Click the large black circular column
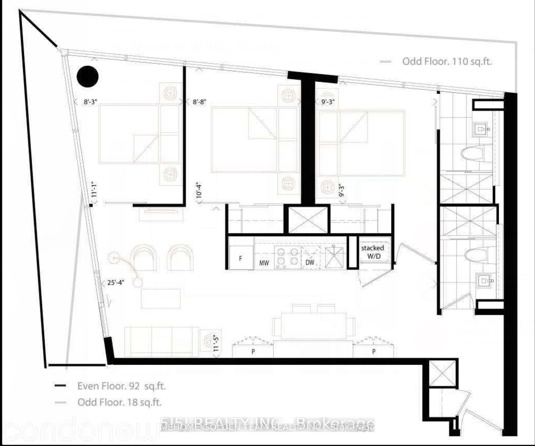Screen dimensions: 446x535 (88, 76)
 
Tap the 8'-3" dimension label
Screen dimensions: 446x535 (90, 102)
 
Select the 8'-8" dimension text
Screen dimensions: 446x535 (199, 102)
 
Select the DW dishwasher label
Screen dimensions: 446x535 (310, 262)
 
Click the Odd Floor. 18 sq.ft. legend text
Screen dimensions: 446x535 (120, 402)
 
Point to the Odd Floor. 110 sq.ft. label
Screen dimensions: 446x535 (447, 61)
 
